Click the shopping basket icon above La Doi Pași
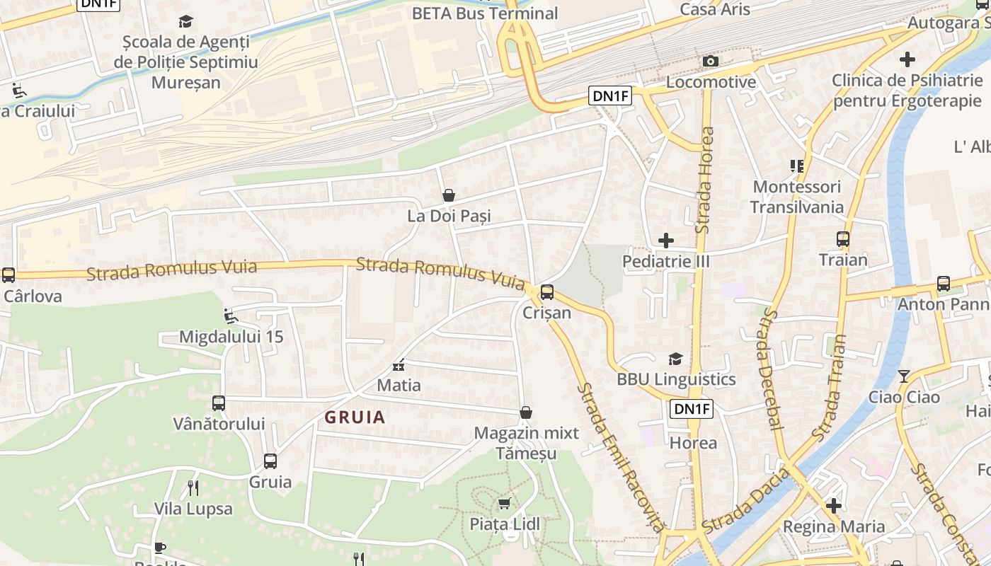(448, 195)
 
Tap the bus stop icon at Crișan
(546, 291)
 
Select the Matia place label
(399, 386)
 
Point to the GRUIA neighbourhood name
(355, 417)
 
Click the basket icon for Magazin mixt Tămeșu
(526, 412)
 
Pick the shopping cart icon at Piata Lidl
(504, 503)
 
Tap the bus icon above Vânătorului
(219, 403)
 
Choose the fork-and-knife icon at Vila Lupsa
(193, 487)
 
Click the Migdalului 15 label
(231, 337)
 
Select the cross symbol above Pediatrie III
(665, 241)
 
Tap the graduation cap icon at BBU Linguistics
(676, 359)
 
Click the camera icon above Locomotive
(711, 62)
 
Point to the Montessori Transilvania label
(796, 197)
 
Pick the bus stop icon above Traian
(842, 239)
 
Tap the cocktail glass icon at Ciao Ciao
(904, 376)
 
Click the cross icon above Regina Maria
(834, 506)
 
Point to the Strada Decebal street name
(769, 369)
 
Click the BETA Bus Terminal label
(484, 13)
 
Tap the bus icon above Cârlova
(8, 275)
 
